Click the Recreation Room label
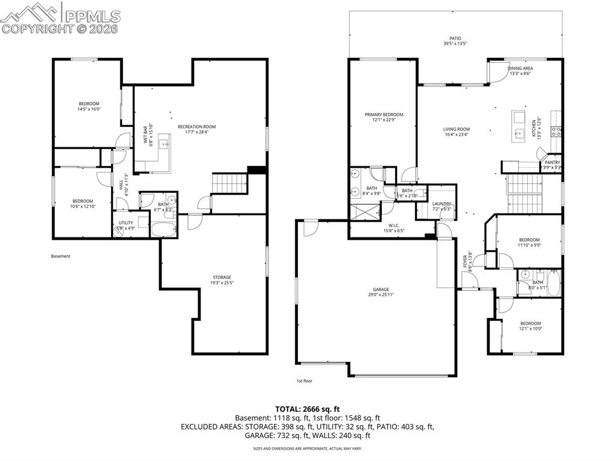coord(196,127)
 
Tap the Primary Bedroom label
coord(384,114)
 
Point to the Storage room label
coord(221,277)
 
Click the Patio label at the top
coord(455,38)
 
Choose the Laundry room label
coord(441,204)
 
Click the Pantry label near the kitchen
coord(552,162)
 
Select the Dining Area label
coord(521,69)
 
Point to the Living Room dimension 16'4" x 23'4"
coord(456,135)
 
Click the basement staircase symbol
coord(231,183)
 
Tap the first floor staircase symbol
coord(524,192)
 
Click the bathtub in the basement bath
coord(163,230)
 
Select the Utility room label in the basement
coord(126,223)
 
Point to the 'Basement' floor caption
coord(61,256)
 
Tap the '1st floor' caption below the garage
coord(304,380)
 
